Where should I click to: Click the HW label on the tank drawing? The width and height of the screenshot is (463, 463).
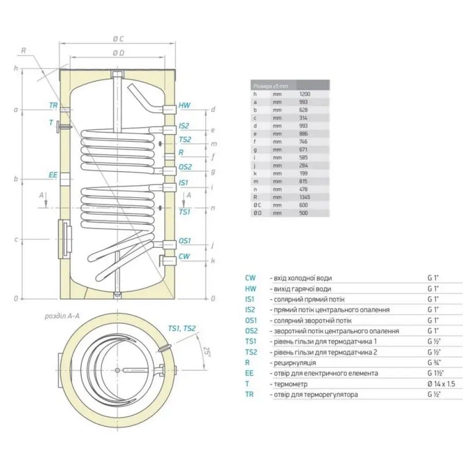point(184,105)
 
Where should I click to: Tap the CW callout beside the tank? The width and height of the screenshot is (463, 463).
point(184,256)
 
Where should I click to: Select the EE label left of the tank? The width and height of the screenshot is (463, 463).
point(53,175)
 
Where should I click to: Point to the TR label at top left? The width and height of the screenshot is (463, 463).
point(53,105)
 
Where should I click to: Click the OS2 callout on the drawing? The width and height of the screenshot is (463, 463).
point(185,167)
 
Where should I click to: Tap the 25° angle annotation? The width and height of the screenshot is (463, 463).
point(206,352)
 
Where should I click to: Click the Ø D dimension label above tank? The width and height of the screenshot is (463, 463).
point(119,53)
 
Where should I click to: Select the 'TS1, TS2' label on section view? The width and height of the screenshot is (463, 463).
point(182,329)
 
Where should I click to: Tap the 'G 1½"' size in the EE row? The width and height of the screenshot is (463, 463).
point(436,373)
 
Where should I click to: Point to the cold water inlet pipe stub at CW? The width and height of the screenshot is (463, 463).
point(167,257)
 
